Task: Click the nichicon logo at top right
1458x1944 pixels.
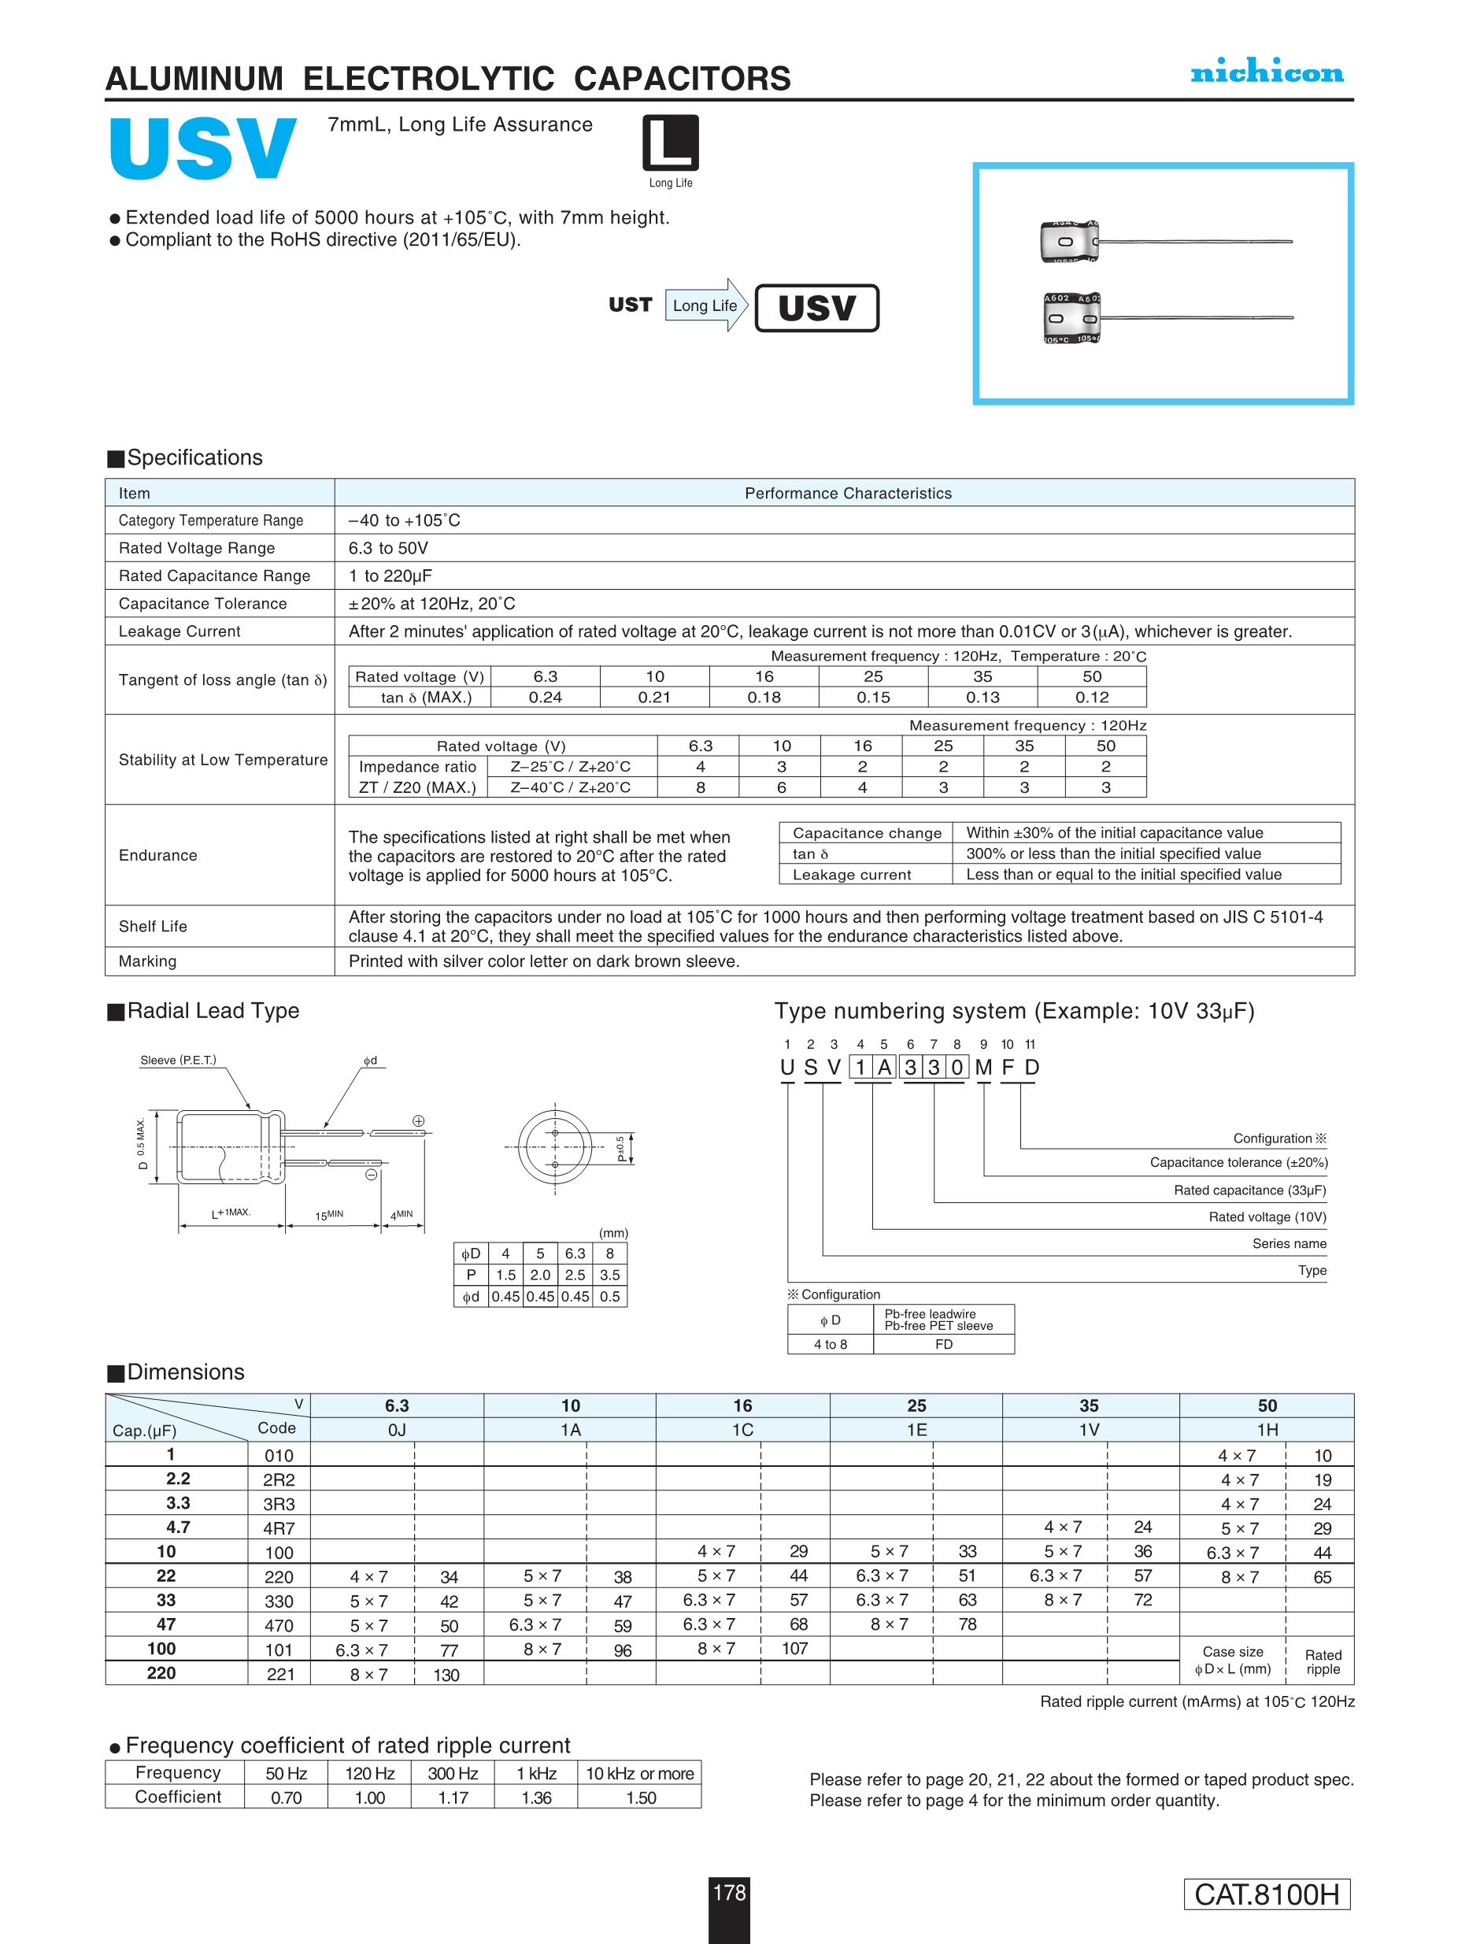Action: click(x=1267, y=73)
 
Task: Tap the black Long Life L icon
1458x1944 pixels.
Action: click(x=671, y=143)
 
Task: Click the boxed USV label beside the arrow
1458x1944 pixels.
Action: click(x=816, y=308)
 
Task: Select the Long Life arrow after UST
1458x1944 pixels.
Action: click(x=705, y=305)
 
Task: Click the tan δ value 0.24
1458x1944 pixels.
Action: click(x=545, y=697)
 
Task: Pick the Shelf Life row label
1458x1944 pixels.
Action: click(x=153, y=926)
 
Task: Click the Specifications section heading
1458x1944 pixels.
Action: click(x=194, y=458)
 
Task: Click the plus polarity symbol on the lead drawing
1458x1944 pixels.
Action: click(x=418, y=1120)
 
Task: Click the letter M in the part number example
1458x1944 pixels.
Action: click(x=983, y=1067)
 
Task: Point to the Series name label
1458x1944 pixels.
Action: click(x=1290, y=1243)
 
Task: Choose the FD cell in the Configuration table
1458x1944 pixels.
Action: click(x=944, y=1345)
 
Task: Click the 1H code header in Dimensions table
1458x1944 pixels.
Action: click(x=1267, y=1430)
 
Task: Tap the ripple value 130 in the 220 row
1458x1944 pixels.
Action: click(x=446, y=1675)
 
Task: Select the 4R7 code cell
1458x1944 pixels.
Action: click(x=279, y=1528)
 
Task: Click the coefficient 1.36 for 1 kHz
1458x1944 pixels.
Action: click(x=536, y=1798)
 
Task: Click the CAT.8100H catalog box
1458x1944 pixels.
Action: click(x=1267, y=1894)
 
